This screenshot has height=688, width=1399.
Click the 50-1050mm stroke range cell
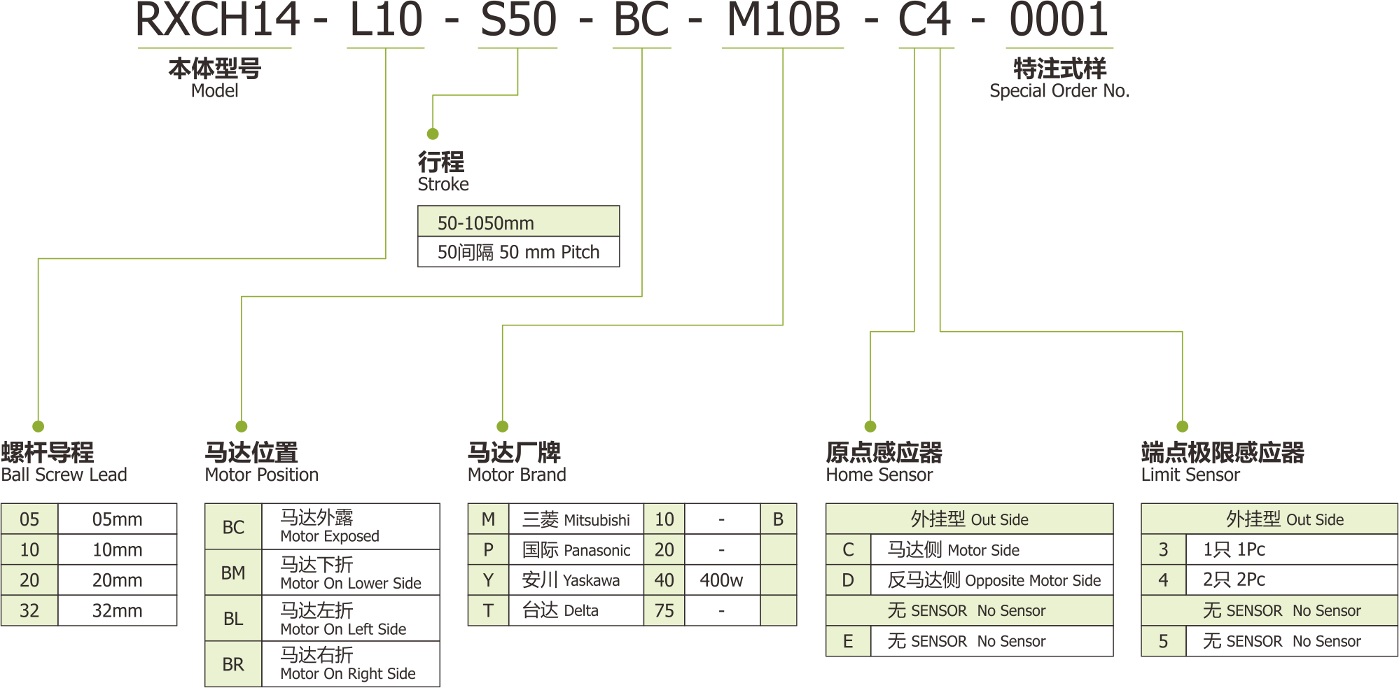518,223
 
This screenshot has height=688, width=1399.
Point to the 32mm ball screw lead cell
117,610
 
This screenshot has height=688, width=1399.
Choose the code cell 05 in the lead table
29,519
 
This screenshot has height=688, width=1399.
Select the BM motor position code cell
233,573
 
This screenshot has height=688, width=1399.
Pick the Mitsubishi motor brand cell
576,519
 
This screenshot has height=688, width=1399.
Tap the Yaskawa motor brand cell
571,580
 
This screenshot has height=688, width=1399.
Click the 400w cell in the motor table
721,580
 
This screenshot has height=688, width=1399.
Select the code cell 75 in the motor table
664,610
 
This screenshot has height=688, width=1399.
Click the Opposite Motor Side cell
993,580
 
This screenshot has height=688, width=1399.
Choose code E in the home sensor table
848,641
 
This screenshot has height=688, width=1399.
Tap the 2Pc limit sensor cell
1234,580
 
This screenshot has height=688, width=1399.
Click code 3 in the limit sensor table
1163,549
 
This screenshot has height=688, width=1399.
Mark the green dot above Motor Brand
502,426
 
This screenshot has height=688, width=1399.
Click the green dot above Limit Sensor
1182,426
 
